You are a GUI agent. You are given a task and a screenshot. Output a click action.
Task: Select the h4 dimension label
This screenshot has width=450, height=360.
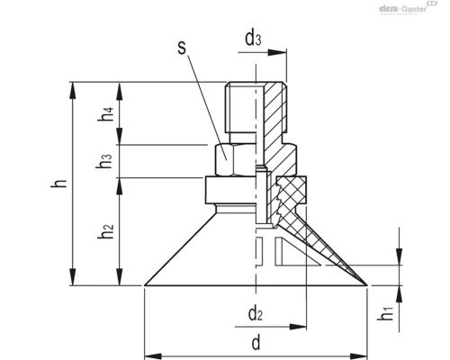click(107, 114)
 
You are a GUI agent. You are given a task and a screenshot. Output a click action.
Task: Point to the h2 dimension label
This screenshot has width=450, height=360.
click(106, 231)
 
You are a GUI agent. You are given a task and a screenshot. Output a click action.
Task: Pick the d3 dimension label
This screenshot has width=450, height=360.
click(255, 39)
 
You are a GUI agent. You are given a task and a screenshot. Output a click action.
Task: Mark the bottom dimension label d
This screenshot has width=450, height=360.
click(256, 343)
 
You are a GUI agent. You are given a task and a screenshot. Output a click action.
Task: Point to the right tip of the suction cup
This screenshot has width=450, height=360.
click(365, 285)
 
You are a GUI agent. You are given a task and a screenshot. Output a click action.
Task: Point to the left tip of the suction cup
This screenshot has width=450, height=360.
click(146, 285)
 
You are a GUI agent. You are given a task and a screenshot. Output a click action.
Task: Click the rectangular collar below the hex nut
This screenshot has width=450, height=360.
click(230, 190)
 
